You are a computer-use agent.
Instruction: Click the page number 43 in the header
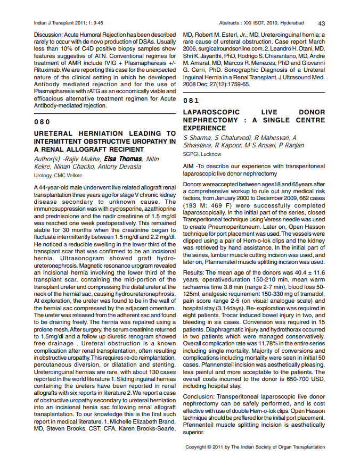pyautogui.click(x=322, y=23)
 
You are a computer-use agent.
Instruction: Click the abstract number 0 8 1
pyautogui.click(x=191, y=101)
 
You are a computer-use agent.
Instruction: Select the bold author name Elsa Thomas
pyautogui.click(x=123, y=159)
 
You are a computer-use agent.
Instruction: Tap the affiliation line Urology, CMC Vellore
pyautogui.click(x=58, y=175)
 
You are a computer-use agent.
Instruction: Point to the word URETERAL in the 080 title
pyautogui.click(x=55, y=134)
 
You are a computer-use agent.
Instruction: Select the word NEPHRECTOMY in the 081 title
pyautogui.click(x=209, y=120)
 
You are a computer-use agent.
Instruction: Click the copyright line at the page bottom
pyautogui.click(x=255, y=448)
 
